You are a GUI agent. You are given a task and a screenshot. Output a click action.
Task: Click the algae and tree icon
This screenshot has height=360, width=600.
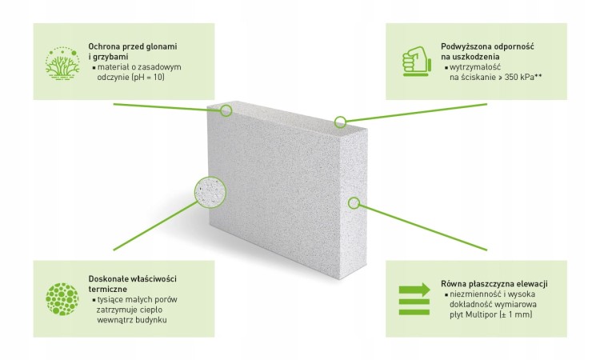point(62,63)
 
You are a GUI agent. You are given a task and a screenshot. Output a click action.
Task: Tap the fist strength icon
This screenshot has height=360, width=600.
point(417,62)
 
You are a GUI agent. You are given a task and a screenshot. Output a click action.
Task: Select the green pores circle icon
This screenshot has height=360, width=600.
point(62,299)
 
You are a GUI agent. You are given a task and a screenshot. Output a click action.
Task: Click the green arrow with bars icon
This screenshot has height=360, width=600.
point(414,299)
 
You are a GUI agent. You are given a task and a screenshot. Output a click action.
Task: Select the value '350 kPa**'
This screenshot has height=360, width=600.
point(523,77)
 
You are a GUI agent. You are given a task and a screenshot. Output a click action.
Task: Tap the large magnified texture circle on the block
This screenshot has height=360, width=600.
point(210,192)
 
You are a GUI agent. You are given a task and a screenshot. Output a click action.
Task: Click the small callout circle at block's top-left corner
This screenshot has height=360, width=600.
point(226,110)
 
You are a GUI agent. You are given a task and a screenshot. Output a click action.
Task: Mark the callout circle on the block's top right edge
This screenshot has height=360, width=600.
point(340,122)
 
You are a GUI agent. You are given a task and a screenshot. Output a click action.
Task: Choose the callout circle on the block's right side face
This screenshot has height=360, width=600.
point(354,202)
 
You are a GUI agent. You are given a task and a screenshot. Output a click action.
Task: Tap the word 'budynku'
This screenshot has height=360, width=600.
point(151,320)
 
